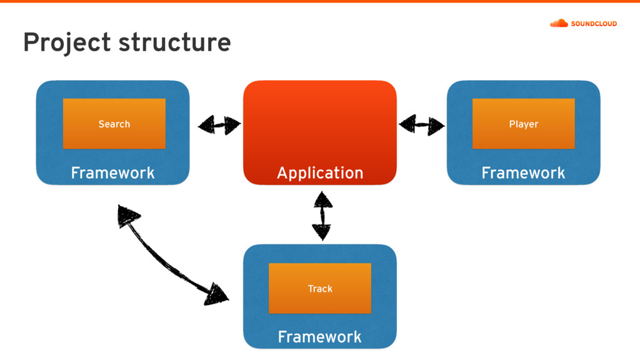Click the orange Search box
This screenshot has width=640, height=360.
[x=114, y=124]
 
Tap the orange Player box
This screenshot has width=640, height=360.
[x=524, y=124]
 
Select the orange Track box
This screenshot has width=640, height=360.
[x=320, y=289]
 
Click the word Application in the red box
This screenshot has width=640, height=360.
[x=320, y=173]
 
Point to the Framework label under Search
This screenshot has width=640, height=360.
[x=112, y=172]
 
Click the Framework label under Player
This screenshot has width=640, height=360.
[x=523, y=172]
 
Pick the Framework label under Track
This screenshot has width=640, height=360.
[x=319, y=337]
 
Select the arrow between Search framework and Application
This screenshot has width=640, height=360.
[x=219, y=125]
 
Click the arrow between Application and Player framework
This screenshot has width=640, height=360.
[x=422, y=124]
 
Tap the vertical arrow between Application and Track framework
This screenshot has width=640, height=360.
[x=322, y=216]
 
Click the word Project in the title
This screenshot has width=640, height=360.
[x=67, y=42]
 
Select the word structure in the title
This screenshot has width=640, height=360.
[x=175, y=42]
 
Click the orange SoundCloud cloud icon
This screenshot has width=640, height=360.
[x=559, y=23]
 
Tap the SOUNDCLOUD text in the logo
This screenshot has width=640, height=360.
[x=594, y=24]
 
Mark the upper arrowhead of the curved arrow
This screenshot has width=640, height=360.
[x=127, y=215]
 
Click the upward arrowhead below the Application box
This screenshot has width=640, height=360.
[x=323, y=199]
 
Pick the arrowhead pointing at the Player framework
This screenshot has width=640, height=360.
[x=436, y=126]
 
